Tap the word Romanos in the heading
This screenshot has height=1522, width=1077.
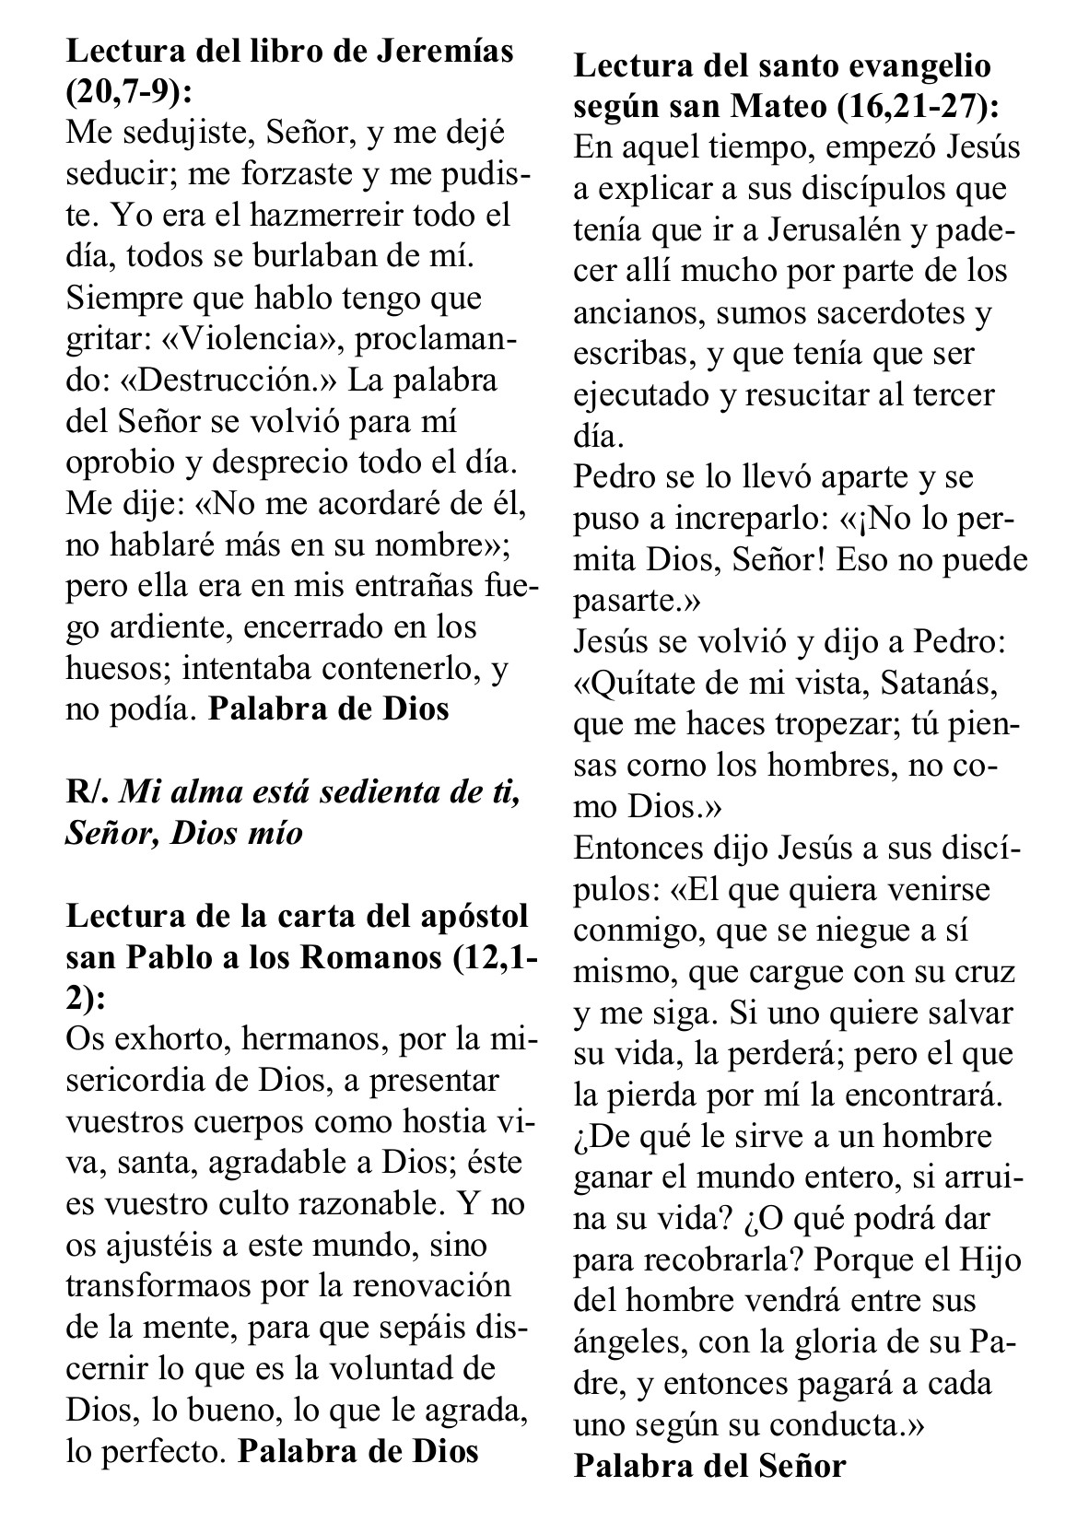tap(372, 957)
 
